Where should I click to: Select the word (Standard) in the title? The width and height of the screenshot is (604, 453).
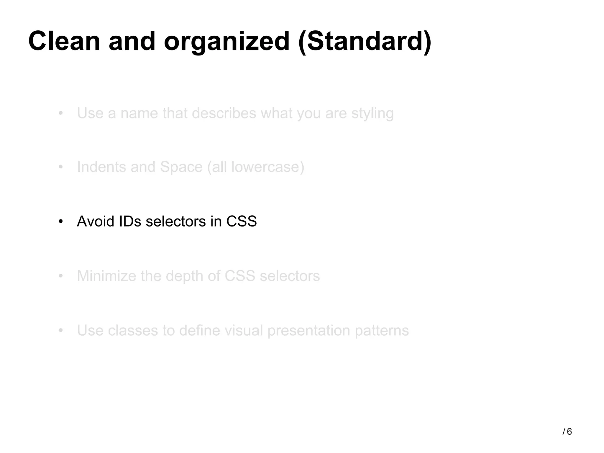pos(365,42)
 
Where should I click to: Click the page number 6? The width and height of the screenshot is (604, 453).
pos(569,432)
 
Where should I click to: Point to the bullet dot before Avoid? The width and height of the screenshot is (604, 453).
pos(61,221)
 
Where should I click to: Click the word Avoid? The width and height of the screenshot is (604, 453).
pos(96,221)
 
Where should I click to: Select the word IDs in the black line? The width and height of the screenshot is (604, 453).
pos(130,221)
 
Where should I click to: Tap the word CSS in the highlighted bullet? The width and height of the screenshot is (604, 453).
pos(242,221)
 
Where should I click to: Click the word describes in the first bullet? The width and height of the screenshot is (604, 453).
pos(224,113)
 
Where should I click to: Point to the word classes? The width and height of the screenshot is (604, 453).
pos(133,330)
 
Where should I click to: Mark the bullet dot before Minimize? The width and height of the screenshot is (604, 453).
pos(61,276)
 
